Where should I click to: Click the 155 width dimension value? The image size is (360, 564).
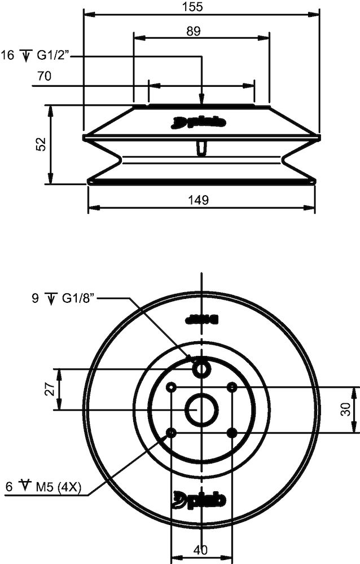pos(201,6)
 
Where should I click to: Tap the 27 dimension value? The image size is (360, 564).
pos(49,389)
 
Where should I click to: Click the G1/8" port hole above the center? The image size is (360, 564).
pos(201,369)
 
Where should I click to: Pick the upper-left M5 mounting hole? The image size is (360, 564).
pos(171,387)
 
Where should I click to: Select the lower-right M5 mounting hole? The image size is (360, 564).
pos(232,432)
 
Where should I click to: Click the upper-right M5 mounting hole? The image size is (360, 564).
pos(232,387)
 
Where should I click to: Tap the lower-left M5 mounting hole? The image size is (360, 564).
pos(171,432)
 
